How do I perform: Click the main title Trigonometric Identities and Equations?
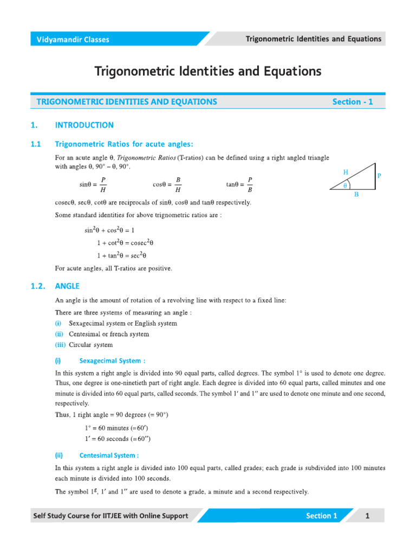tap(208, 71)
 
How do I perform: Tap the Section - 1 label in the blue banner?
tap(353, 102)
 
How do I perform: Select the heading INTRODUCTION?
tap(84, 125)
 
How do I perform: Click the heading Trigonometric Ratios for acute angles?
tap(124, 144)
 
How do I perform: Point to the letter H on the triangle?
tap(346, 172)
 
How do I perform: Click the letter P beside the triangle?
tap(379, 176)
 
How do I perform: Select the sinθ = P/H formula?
tap(93, 184)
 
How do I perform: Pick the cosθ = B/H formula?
tap(167, 184)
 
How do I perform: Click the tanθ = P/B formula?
tap(239, 184)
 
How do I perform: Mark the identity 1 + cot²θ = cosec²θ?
tap(129, 243)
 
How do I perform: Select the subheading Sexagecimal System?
tap(112, 360)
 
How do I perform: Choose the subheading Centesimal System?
tap(109, 455)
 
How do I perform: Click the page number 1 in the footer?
tap(367, 516)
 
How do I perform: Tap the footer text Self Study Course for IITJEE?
tap(111, 516)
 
